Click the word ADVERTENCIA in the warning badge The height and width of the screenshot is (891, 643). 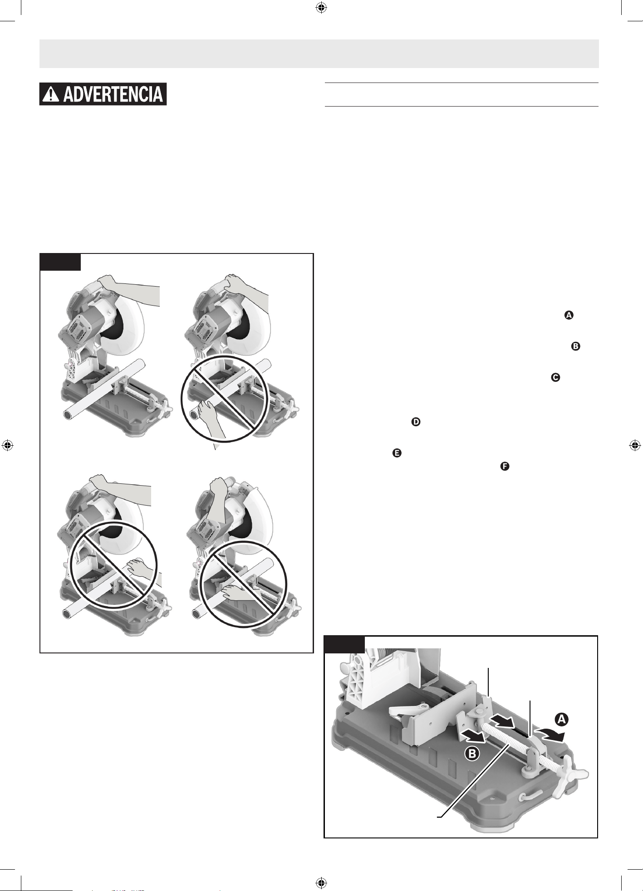point(113,94)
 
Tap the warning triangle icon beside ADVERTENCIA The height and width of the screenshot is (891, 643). point(51,94)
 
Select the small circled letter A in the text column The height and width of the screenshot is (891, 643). point(569,315)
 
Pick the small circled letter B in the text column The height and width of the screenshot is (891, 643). point(575,346)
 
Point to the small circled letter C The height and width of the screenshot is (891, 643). point(555,377)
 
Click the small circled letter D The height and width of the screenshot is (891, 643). point(416,422)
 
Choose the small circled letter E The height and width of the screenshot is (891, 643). point(397,453)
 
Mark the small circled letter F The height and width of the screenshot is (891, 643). point(504,466)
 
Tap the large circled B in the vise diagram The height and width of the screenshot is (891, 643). point(472,754)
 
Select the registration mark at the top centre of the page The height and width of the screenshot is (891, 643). point(321,8)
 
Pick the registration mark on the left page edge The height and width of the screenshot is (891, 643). point(7,445)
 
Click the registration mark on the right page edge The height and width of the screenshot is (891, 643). point(635,445)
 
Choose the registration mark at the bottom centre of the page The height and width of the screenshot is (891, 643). point(321,883)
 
